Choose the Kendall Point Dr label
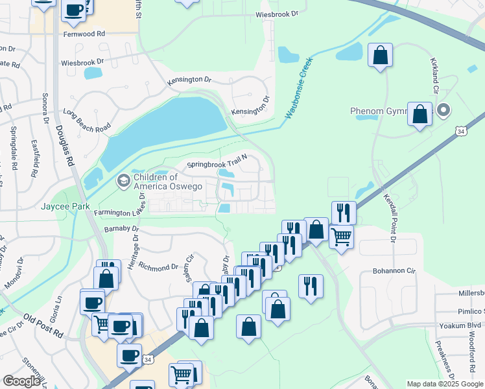390,218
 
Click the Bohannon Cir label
393,270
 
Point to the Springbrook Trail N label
218,165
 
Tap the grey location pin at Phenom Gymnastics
444,110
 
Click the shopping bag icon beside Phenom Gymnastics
420,115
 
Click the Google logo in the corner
21,381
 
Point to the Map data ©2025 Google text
444,384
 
